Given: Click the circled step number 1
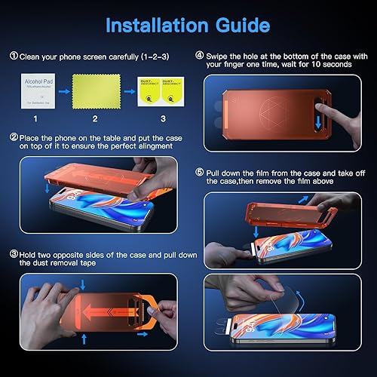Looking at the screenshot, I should pyautogui.click(x=13, y=56).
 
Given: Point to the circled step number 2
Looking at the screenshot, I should pyautogui.click(x=13, y=137).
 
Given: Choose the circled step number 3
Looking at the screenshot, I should pyautogui.click(x=13, y=256).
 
